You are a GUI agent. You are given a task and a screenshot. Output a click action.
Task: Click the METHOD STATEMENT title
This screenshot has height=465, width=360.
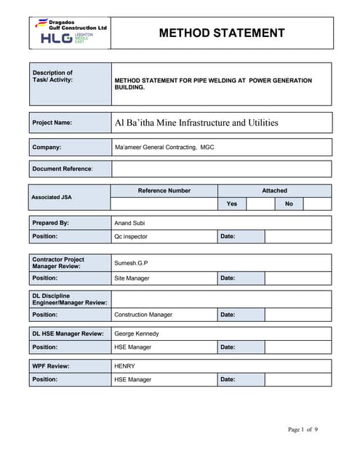tap(221, 33)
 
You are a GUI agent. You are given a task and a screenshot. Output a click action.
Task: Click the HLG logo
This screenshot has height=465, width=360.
tap(57, 39)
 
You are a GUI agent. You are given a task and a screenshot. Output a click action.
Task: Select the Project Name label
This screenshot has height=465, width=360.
tap(52, 123)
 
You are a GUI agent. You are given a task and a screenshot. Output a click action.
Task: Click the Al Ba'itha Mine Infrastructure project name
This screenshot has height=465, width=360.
tap(196, 123)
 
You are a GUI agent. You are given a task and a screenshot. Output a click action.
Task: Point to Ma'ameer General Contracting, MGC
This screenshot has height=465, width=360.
tap(164, 147)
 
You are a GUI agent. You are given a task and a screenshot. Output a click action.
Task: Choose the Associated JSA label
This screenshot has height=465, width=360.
tap(52, 197)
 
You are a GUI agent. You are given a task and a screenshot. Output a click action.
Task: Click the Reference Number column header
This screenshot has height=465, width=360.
tap(164, 190)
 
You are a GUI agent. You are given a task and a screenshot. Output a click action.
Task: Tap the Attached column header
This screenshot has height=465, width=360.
tap(274, 190)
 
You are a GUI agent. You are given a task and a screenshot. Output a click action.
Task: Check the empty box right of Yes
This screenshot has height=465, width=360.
tap(260, 204)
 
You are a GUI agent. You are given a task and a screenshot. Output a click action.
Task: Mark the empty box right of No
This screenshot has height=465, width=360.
tap(317, 204)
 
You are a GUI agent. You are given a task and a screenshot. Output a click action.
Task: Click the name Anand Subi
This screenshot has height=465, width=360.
tap(130, 223)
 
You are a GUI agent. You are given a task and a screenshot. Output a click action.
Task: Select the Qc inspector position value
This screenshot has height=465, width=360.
tap(133, 237)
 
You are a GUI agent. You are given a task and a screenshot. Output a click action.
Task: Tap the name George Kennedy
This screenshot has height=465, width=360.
tap(137, 333)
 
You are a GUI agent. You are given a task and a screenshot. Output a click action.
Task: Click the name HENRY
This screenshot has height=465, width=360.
tap(125, 366)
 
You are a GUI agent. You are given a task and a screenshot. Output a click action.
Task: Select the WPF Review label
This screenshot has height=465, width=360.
tap(51, 366)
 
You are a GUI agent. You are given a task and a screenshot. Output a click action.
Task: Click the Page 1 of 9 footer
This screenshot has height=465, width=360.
tap(303, 429)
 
